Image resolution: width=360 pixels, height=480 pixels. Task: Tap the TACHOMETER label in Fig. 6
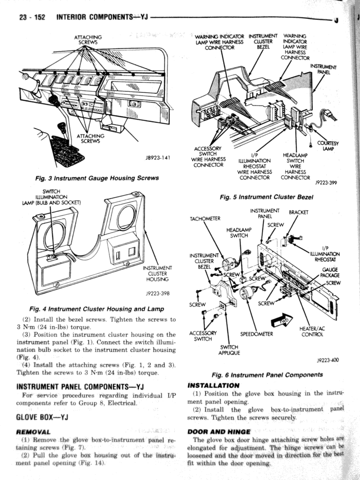(205, 219)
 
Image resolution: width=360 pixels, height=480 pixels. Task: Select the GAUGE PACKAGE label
(330, 273)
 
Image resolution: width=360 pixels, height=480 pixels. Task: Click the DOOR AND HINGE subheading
(219, 432)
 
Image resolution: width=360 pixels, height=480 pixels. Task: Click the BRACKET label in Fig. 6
(299, 212)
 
